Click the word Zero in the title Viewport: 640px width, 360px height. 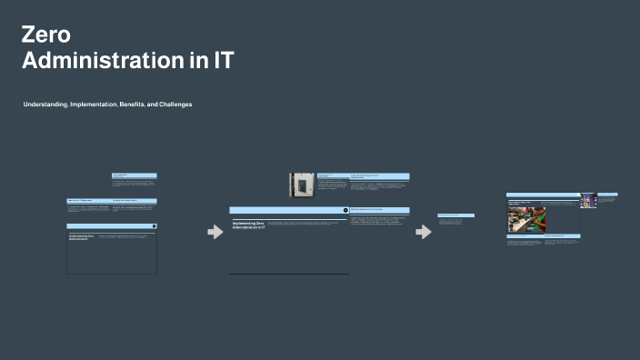(45, 35)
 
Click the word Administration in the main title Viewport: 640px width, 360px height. (101, 62)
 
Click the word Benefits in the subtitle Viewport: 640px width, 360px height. (132, 105)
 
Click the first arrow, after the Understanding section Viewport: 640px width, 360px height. (215, 232)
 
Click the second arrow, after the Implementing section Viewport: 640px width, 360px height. (424, 232)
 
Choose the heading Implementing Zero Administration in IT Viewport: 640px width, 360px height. (247, 224)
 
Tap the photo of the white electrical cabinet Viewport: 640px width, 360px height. (302, 185)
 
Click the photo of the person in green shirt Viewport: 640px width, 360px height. (525, 219)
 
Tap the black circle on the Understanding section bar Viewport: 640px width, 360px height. (154, 225)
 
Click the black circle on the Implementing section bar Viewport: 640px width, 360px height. (345, 210)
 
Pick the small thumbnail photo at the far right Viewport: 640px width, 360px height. (588, 200)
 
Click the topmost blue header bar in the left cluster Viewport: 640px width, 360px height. (135, 175)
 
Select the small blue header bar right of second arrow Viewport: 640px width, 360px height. (455, 215)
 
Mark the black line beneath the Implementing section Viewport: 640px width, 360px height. (288, 274)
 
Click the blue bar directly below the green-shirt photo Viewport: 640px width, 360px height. (525, 236)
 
